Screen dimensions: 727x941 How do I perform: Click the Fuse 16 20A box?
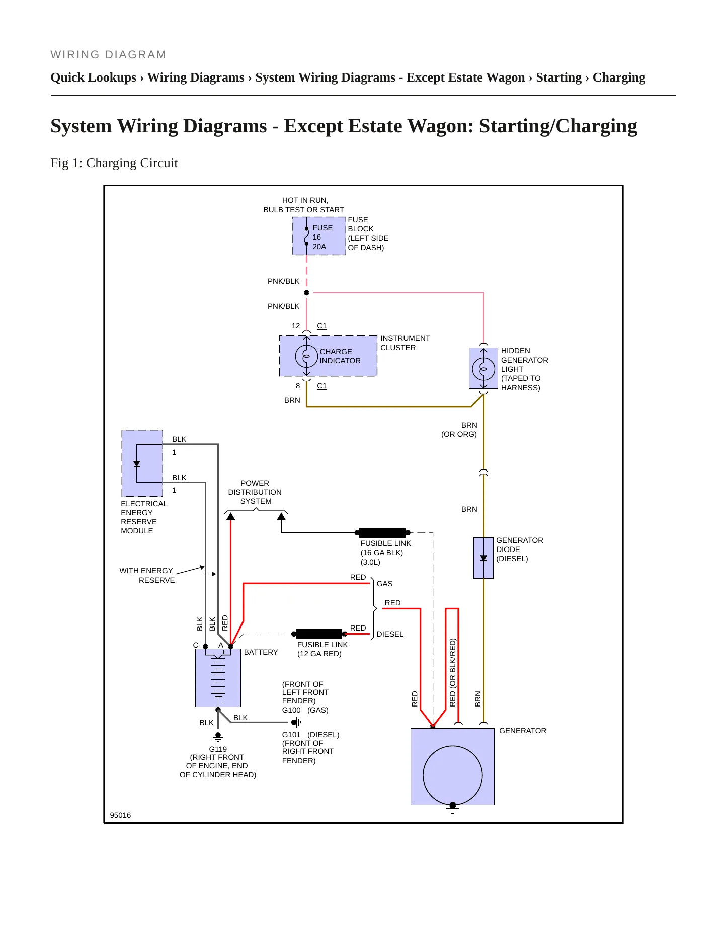319,236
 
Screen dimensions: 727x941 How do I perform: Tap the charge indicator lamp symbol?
306,356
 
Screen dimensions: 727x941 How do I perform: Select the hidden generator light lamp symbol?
483,369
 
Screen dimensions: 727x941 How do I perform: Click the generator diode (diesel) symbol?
483,558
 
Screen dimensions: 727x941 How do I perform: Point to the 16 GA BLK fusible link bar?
382,533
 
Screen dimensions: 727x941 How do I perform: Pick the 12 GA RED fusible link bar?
319,634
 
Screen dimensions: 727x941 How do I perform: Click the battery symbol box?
218,678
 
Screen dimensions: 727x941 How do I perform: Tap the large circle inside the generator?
453,775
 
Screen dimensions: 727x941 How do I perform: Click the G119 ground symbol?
218,737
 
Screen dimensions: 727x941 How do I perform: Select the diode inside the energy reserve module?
136,464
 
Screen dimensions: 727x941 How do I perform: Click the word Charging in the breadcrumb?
619,77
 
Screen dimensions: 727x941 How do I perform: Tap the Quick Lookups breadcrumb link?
94,77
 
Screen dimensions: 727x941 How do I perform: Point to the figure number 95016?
120,815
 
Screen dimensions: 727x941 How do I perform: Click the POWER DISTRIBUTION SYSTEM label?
255,492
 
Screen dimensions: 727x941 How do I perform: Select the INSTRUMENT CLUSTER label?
405,343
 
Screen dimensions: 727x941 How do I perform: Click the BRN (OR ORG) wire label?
459,430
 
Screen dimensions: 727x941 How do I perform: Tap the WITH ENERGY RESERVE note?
147,575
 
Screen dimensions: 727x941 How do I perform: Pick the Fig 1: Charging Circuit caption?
114,163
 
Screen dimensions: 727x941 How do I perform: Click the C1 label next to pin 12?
322,326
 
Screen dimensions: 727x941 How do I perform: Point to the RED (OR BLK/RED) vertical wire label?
452,673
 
